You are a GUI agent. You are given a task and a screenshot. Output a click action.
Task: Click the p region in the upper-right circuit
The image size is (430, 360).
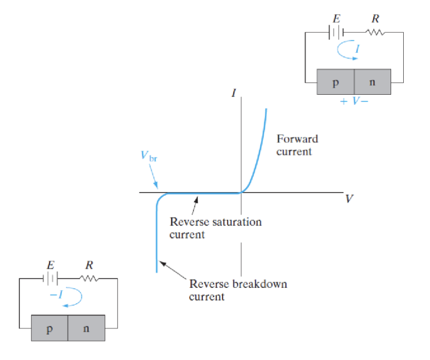tap(335, 82)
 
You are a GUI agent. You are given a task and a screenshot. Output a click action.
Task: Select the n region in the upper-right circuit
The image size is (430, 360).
tap(372, 82)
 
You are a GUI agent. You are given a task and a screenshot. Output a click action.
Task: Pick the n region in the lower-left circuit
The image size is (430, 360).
tap(86, 328)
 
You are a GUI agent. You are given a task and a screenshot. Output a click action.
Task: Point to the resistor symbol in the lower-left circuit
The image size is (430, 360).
tap(89, 278)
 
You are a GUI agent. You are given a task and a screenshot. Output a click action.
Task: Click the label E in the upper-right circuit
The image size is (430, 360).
tap(336, 19)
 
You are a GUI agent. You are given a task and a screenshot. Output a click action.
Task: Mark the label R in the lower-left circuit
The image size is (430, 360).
tap(89, 265)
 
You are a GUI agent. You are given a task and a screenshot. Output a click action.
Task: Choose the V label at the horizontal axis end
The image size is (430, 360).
tap(348, 199)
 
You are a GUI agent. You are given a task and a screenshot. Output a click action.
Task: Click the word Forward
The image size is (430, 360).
tap(297, 139)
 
